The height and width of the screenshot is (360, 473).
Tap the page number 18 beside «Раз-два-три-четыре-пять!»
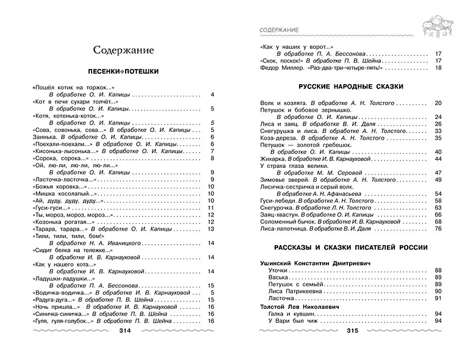(438, 68)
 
